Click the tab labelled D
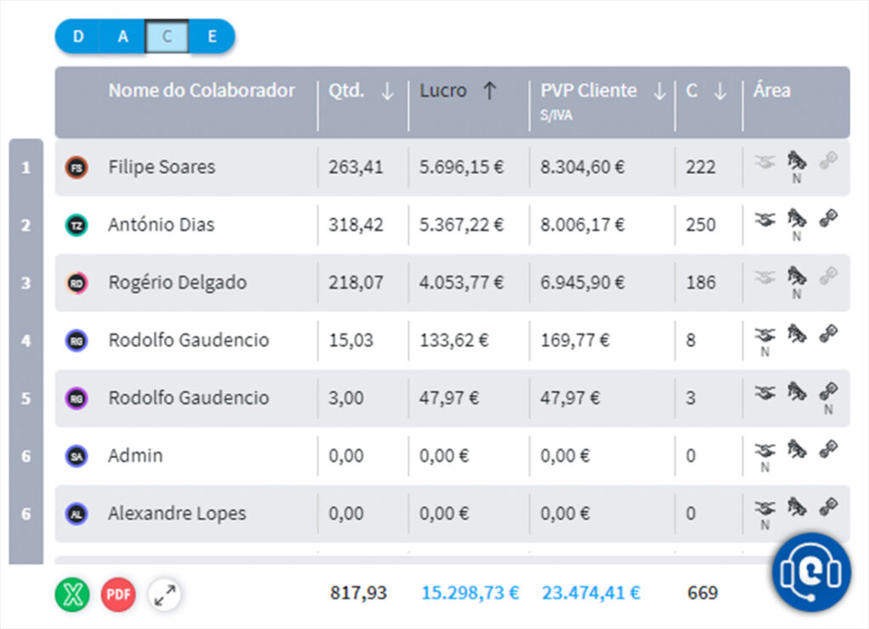[x=78, y=37]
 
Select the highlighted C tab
[x=167, y=37]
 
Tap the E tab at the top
[x=212, y=37]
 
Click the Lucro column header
[x=443, y=91]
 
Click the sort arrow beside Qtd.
[x=387, y=92]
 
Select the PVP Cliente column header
[x=588, y=91]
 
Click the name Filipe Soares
[x=161, y=167]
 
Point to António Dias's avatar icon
[x=76, y=225]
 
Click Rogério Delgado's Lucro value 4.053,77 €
[x=461, y=283]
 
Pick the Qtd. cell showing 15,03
[x=346, y=340]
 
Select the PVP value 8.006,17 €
[x=582, y=225]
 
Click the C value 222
[x=700, y=167]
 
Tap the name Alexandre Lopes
[x=177, y=514]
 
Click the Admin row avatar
[x=76, y=456]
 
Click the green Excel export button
[x=72, y=593]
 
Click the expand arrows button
[x=165, y=593]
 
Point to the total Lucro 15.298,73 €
[x=469, y=592]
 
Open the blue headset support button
[x=810, y=573]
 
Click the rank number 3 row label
[x=25, y=283]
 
